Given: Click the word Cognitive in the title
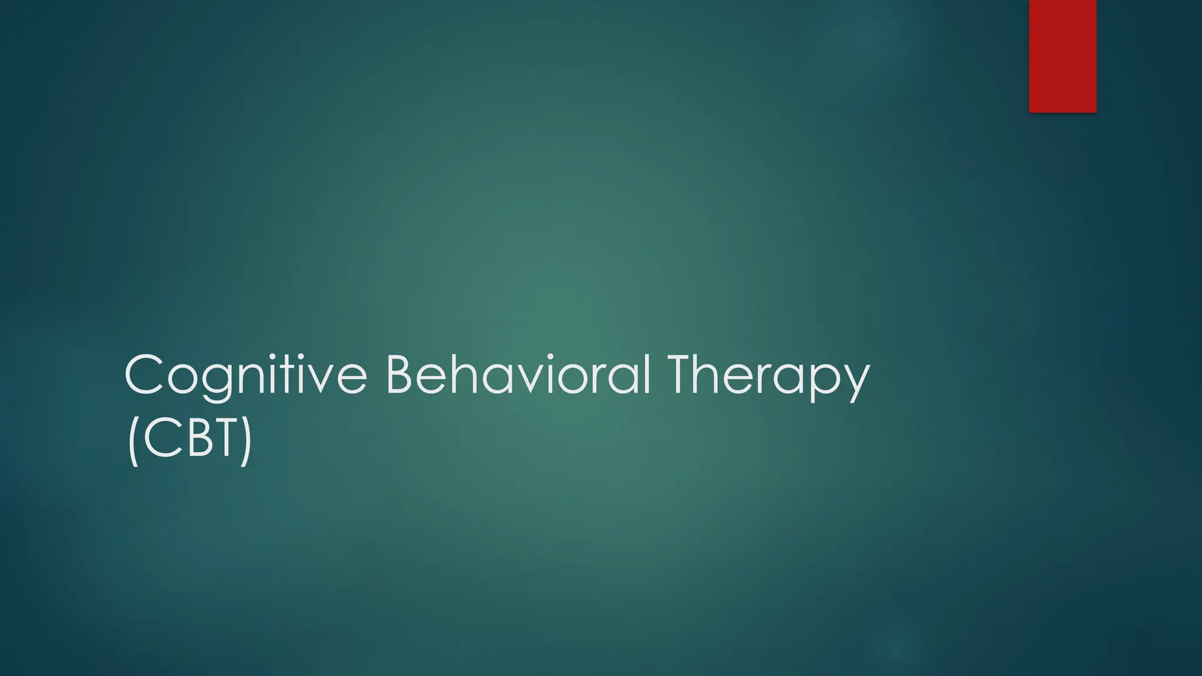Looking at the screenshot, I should (245, 376).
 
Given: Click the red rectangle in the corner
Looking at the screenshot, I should (1062, 56).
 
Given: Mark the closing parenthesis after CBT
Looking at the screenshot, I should (246, 440).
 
